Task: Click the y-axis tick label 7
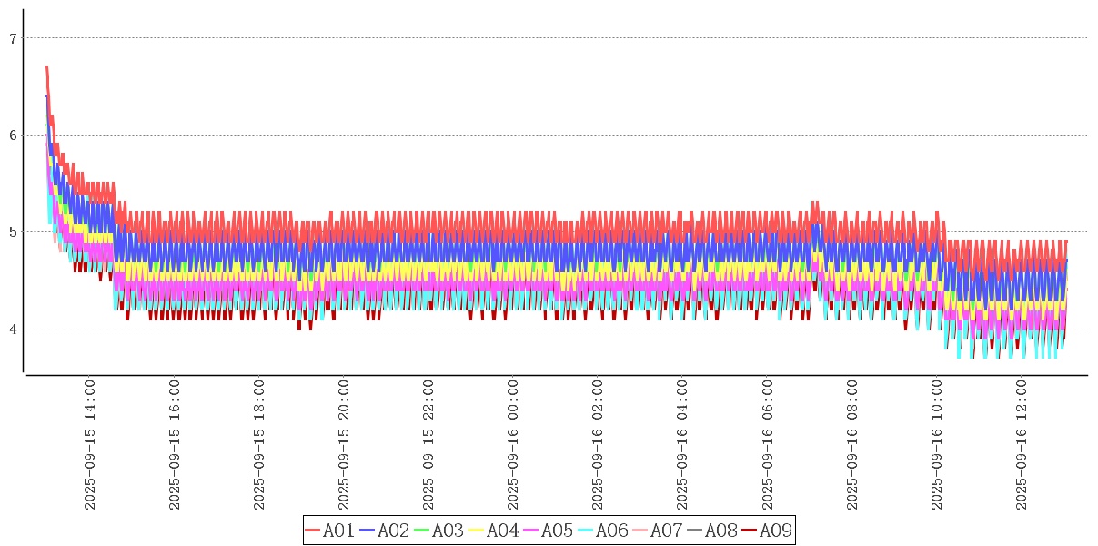pyautogui.click(x=13, y=38)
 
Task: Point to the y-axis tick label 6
pyautogui.click(x=13, y=135)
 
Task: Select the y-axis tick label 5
pyautogui.click(x=13, y=231)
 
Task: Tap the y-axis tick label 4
pyautogui.click(x=13, y=329)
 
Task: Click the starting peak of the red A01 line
pyautogui.click(x=46, y=66)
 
